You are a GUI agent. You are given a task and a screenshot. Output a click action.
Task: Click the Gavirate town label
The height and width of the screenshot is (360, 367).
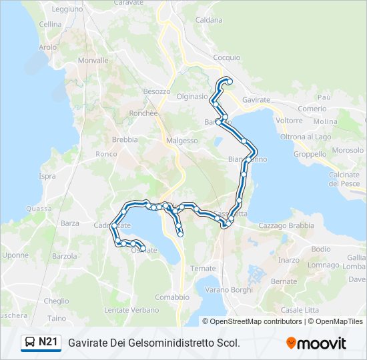257,99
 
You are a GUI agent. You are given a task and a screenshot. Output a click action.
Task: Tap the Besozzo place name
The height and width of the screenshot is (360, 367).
157,91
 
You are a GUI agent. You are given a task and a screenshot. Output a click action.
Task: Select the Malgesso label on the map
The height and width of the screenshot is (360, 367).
182,141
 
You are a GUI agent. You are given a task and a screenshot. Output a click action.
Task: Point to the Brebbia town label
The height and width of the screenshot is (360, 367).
125,139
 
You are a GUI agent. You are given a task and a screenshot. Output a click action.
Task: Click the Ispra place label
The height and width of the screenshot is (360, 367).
47,176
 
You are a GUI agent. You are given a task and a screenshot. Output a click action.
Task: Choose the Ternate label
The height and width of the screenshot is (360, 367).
203,268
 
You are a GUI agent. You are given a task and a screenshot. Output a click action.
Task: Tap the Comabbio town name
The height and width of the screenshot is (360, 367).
172,297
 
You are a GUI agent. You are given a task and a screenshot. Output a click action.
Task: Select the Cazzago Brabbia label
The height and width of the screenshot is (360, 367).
286,225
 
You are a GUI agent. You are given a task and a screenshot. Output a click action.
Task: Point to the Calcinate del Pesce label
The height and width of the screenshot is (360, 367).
344,179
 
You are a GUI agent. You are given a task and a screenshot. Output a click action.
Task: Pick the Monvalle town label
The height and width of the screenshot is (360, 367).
93,60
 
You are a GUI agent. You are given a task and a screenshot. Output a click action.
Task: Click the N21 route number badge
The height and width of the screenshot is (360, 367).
41,343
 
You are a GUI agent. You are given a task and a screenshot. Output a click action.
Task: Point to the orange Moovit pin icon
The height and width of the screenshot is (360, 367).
292,343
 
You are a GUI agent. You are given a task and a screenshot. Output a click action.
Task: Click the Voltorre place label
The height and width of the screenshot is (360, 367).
289,121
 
